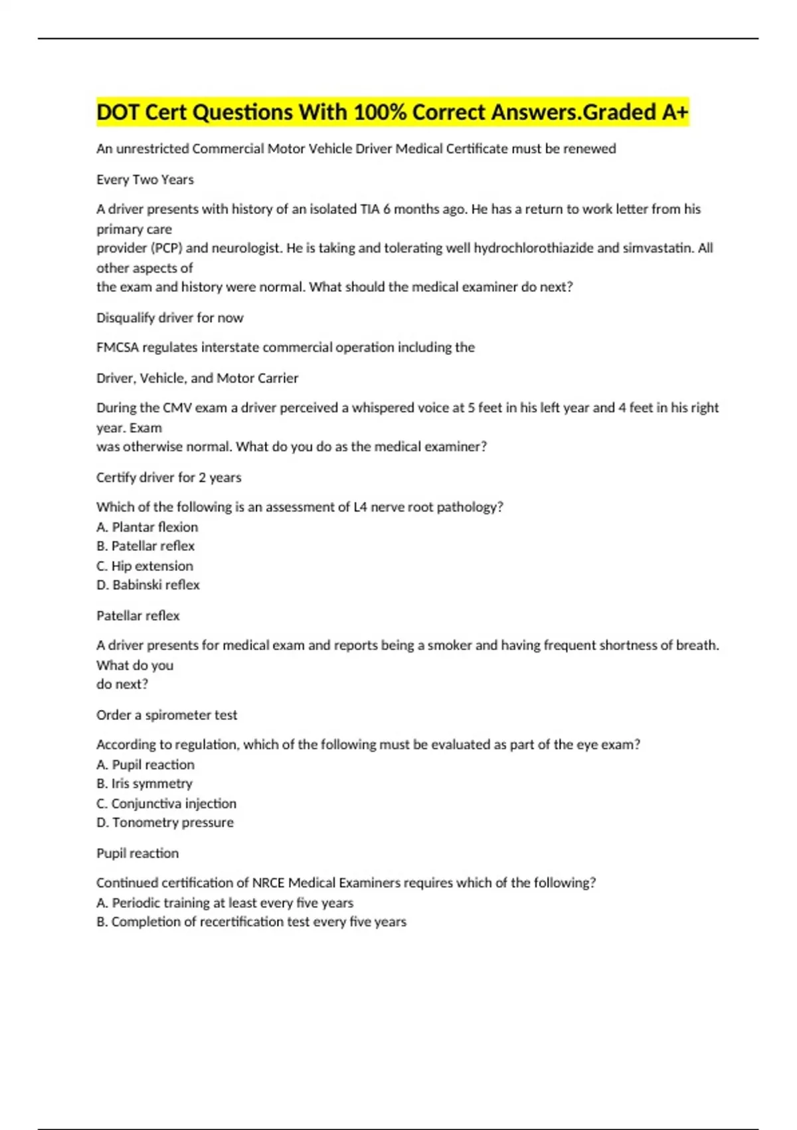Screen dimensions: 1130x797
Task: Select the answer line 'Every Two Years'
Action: (145, 179)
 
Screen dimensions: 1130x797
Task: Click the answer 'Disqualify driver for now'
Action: (169, 318)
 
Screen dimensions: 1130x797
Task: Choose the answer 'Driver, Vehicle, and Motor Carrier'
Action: (197, 378)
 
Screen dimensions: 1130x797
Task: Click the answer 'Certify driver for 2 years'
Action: (169, 477)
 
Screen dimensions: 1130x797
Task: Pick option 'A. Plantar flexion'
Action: (147, 526)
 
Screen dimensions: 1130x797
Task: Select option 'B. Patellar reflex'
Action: (145, 546)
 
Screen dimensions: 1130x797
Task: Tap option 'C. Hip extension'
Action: (145, 566)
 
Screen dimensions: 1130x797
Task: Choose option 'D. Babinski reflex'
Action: (147, 585)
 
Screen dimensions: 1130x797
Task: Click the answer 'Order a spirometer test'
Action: (167, 715)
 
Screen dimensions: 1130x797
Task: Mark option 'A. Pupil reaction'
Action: (145, 764)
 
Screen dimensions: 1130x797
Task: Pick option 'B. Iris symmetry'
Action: (144, 783)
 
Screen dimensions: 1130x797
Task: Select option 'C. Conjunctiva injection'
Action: (166, 803)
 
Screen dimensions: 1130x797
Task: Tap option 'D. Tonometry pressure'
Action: (165, 822)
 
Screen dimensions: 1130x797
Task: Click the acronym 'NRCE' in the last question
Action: (268, 883)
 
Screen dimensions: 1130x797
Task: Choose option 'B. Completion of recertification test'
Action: (251, 921)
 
